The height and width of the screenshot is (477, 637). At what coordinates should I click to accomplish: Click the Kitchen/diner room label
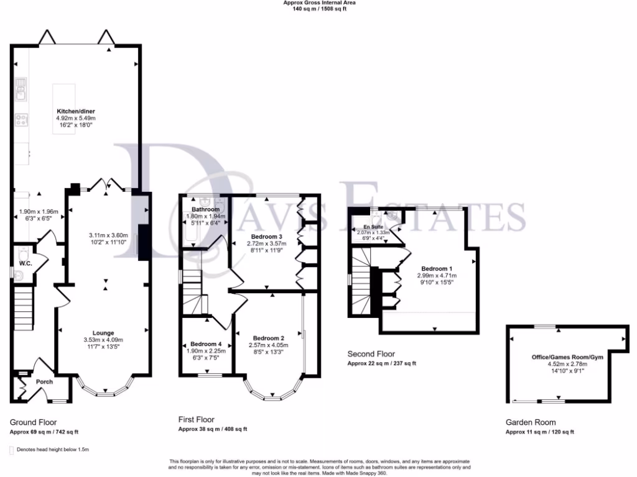pos(76,112)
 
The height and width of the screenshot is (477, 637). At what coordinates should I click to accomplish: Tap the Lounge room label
pos(103,333)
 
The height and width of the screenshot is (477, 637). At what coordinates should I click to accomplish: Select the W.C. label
pos(25,263)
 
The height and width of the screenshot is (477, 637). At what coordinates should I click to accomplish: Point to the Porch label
pos(44,381)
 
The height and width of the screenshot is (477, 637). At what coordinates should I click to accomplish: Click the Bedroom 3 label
pos(267,237)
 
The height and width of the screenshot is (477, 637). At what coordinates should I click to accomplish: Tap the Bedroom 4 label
pos(205,343)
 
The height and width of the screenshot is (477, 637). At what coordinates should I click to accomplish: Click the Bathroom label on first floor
pos(203,209)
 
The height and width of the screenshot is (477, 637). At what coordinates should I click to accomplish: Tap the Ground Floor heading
pos(34,422)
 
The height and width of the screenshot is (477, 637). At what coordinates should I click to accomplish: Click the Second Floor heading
pos(371,354)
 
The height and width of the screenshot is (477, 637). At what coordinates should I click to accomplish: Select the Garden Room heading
pos(529,422)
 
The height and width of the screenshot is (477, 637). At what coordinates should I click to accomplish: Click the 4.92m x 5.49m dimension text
pos(76,118)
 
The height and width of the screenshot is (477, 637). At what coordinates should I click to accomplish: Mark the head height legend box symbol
pos(12,449)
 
